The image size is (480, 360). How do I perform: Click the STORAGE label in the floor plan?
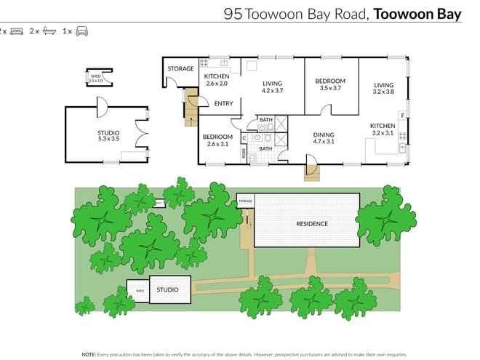pos(180,69)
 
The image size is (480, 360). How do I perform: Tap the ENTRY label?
pos(223,104)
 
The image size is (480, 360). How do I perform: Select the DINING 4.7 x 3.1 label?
pos(323,138)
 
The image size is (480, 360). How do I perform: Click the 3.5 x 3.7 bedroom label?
pos(330,84)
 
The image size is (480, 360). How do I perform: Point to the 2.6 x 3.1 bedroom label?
pos(217,140)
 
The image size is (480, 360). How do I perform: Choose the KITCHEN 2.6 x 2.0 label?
pos(217,80)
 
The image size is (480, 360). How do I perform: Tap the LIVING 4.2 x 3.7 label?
pos(272,87)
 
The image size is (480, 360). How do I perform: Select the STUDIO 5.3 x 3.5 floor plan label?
pos(108,136)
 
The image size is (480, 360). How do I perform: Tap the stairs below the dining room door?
pos(311,173)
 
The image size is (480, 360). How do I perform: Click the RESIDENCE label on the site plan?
pos(311,224)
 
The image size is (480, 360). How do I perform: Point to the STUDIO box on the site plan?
pos(168,289)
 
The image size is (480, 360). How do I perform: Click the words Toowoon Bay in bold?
pos(417,14)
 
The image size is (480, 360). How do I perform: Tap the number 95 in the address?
pos(233,14)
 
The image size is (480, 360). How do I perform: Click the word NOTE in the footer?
pos(88,334)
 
